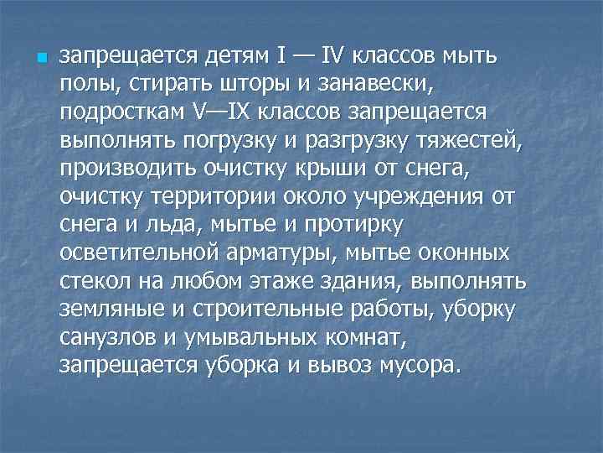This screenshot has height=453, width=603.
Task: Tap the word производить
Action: pyautogui.click(x=127, y=170)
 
